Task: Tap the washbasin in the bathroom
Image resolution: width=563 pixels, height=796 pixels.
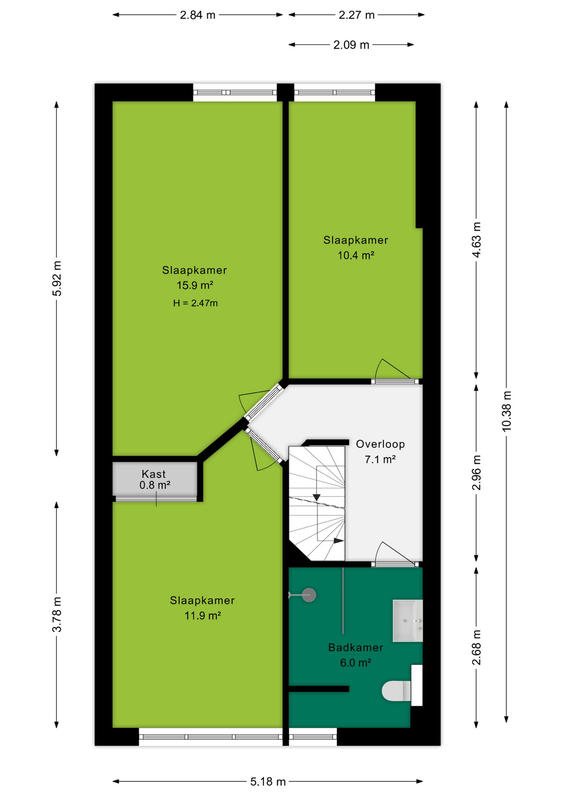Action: pos(408,620)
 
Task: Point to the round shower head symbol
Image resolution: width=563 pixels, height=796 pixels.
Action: pos(309,595)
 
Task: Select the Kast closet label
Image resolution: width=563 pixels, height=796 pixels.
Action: pos(154,474)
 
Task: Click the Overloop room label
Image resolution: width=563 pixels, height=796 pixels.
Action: pos(380,444)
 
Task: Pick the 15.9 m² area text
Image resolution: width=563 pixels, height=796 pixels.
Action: pos(195,285)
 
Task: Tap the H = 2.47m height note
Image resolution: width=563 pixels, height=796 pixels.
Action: pos(195,303)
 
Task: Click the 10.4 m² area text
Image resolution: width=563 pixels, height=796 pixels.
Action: pos(356,255)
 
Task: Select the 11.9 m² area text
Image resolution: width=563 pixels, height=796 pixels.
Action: pos(202,616)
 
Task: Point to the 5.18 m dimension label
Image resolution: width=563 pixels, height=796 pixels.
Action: pos(268,781)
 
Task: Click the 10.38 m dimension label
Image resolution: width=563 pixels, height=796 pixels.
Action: pos(507,411)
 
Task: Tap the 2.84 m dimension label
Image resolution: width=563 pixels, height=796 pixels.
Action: pos(197,15)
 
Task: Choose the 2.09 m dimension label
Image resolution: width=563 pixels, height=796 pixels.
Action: pos(351,45)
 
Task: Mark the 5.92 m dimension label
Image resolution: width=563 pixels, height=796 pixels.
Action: pos(57,279)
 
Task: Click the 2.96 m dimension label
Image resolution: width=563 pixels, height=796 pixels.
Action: pos(477,473)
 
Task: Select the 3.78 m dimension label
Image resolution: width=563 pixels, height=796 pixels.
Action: pos(57,614)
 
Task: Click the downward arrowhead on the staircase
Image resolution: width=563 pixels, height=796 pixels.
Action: pos(317,497)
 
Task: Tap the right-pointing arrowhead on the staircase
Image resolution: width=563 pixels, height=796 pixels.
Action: pos(339,541)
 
